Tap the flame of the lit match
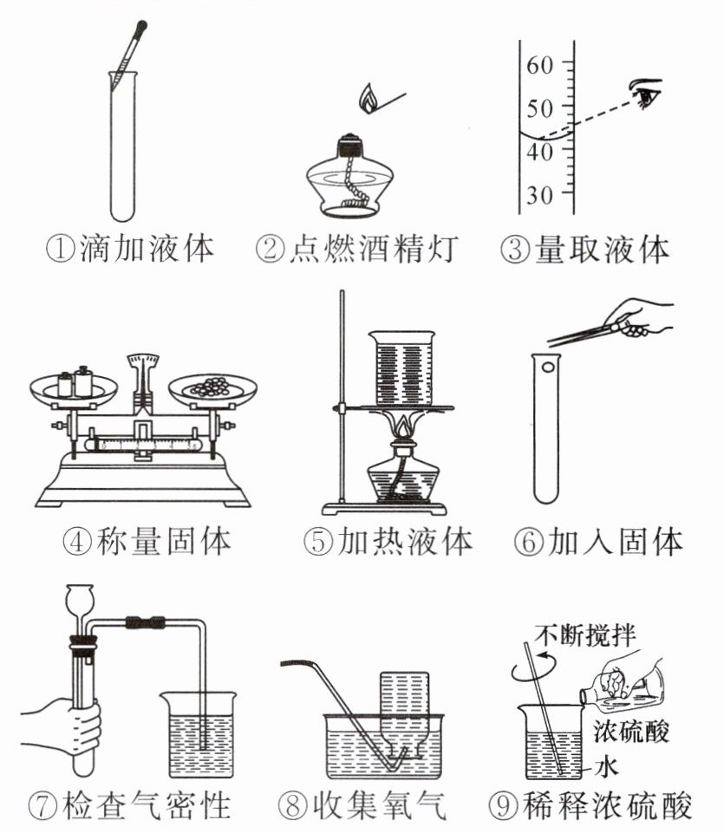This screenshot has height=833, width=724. click(369, 98)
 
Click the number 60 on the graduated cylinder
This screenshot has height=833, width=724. click(540, 64)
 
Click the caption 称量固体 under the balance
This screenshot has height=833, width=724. click(161, 542)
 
